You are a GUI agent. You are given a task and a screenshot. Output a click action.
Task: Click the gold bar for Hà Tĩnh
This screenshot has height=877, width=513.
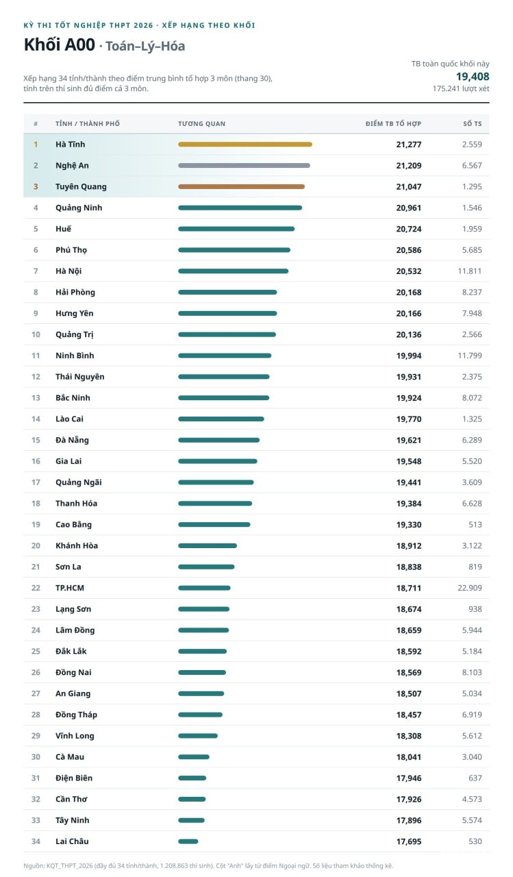click(245, 145)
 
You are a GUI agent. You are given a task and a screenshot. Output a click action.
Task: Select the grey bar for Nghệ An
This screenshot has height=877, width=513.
click(245, 166)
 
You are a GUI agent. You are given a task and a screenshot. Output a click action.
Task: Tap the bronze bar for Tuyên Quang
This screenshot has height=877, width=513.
click(242, 187)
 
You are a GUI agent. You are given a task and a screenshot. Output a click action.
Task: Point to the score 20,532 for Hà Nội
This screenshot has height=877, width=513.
click(408, 271)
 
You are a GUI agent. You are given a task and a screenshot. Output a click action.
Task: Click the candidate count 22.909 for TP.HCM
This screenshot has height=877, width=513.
click(470, 588)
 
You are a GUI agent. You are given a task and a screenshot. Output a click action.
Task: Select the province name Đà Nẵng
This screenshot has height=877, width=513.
click(72, 440)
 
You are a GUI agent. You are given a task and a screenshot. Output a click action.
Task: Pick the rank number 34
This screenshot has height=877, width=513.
click(36, 841)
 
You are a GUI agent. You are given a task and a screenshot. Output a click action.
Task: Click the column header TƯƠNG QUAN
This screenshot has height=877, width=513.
click(201, 124)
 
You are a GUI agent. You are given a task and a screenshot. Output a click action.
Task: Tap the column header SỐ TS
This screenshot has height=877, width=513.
click(473, 124)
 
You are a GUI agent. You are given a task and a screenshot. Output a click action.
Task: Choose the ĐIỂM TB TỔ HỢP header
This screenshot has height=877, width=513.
click(393, 124)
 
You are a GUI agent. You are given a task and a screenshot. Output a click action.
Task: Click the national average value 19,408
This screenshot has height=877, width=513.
click(473, 76)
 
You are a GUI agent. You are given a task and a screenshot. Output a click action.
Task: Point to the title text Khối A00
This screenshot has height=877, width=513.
click(60, 45)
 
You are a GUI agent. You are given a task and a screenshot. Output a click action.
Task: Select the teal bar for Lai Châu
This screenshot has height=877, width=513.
click(188, 841)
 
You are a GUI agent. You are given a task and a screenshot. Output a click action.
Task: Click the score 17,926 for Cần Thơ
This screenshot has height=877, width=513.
click(408, 799)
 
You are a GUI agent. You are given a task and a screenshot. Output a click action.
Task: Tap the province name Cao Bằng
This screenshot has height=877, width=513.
click(73, 525)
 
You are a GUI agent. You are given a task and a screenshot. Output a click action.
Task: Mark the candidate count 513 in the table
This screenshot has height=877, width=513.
click(475, 525)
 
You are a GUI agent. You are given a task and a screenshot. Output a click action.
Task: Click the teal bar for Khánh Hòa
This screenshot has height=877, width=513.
click(208, 546)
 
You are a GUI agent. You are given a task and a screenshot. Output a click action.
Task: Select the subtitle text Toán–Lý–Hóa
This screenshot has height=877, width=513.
click(145, 46)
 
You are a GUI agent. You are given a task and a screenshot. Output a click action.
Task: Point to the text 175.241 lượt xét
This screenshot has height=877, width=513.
click(460, 89)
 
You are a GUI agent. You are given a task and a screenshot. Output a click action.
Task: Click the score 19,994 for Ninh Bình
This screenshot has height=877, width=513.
click(408, 356)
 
